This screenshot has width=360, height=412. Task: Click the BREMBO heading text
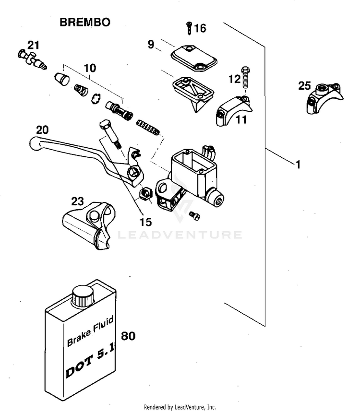pyautogui.click(x=85, y=22)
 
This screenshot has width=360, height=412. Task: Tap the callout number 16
pyautogui.click(x=200, y=29)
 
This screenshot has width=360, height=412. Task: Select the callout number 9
pyautogui.click(x=151, y=45)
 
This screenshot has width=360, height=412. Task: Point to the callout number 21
pyautogui.click(x=33, y=45)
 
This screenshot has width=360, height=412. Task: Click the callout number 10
pyautogui.click(x=90, y=69)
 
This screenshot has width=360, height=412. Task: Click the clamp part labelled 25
pyautogui.click(x=324, y=98)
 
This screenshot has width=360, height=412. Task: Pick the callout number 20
pyautogui.click(x=42, y=129)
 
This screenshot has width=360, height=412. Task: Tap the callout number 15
pyautogui.click(x=145, y=222)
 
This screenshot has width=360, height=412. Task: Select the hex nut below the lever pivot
pyautogui.click(x=145, y=194)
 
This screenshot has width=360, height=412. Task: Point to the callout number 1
pyautogui.click(x=298, y=165)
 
